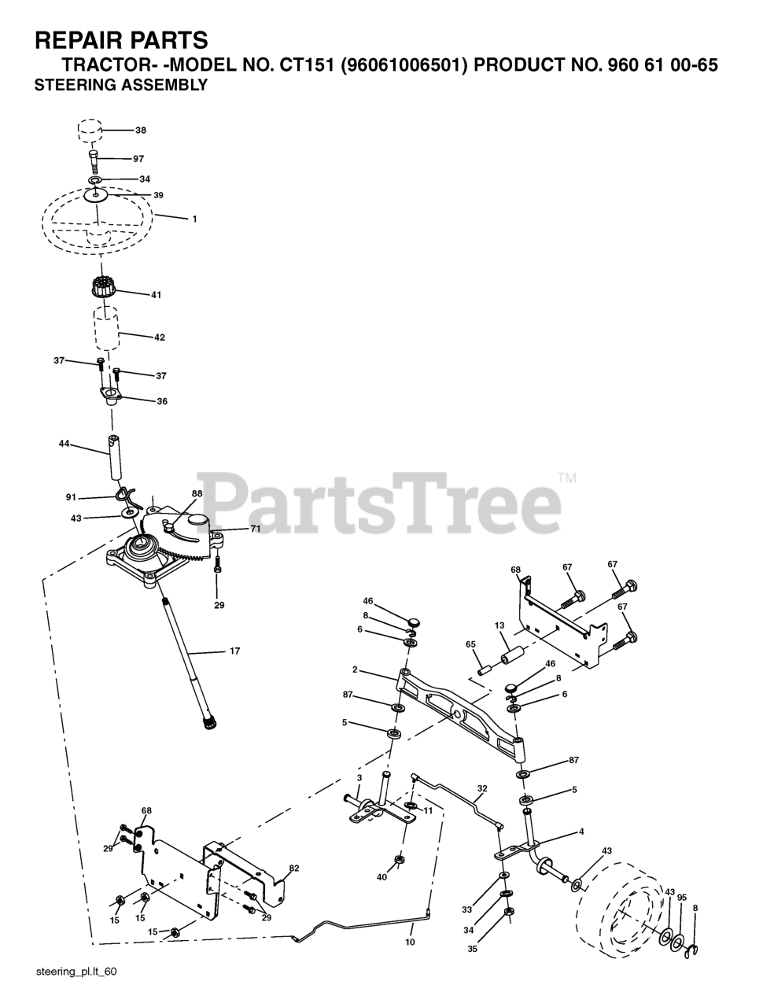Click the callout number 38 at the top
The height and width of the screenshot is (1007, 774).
(141, 130)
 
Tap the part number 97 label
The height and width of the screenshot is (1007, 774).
(138, 159)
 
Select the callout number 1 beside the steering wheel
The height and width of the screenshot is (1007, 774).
(194, 219)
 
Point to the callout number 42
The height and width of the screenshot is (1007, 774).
(160, 338)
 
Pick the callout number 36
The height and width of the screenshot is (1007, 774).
(162, 401)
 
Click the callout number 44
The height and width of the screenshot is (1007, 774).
(64, 444)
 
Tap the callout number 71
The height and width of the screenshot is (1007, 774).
(255, 529)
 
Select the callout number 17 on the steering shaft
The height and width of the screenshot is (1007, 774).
(234, 651)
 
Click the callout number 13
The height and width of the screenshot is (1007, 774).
(499, 625)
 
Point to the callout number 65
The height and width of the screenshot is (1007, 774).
(471, 644)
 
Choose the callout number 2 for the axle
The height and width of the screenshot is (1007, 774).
(355, 669)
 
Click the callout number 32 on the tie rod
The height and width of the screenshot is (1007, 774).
(482, 788)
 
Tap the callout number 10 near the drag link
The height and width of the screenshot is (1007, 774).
(410, 941)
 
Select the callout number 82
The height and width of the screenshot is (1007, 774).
(293, 869)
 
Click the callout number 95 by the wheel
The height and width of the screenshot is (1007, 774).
(682, 898)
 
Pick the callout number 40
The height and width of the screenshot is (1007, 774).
(382, 877)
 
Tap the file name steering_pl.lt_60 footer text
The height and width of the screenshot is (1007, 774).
(76, 972)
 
